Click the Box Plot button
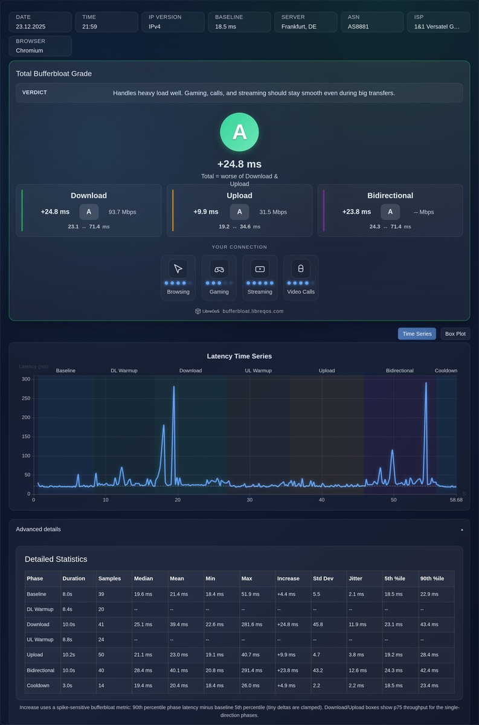coord(455,333)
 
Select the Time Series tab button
coord(417,333)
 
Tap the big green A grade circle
coord(239,132)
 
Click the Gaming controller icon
coord(219,269)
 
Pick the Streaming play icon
coord(260,269)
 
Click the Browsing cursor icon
coord(178,269)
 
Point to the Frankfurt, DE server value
coord(299,27)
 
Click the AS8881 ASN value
coord(358,27)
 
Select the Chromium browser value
coord(30,51)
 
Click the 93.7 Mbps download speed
coord(123,212)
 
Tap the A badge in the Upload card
coord(239,211)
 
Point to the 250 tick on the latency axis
coord(26,398)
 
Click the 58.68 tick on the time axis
coord(456,500)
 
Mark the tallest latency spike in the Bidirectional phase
coord(426,383)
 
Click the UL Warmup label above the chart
coord(259,370)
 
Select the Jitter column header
coord(355,578)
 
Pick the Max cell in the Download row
coord(252,624)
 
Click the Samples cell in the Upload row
coord(101,655)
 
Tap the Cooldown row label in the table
coord(38,686)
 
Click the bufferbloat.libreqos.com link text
coord(253,311)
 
